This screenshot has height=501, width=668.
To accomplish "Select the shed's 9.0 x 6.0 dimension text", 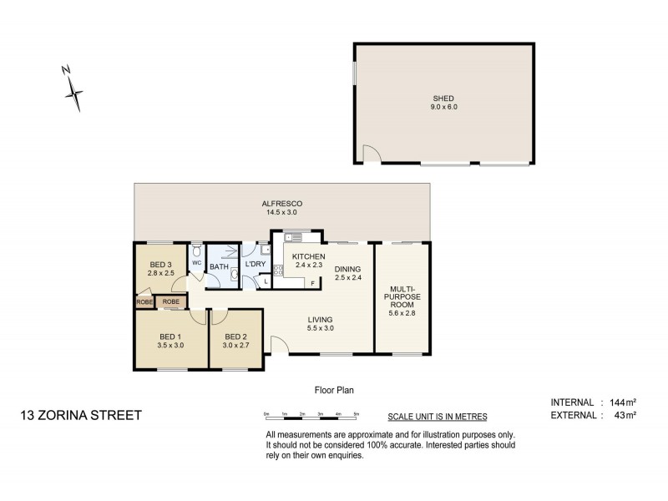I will (x=443, y=107).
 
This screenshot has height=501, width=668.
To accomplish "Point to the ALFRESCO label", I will (x=281, y=204).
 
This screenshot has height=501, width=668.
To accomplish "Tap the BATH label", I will (x=219, y=267).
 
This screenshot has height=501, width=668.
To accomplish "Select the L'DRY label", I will (x=255, y=265).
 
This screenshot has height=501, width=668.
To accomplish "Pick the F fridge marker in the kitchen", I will (x=312, y=283).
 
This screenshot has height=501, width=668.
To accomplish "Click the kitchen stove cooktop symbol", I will (x=277, y=269).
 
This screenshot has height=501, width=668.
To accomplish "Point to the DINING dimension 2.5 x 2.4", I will (x=348, y=277).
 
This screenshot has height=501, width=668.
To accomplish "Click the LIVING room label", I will (x=321, y=319).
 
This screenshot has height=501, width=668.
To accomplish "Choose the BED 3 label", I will (x=161, y=264).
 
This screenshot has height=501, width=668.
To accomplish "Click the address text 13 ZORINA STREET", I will (x=81, y=415).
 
